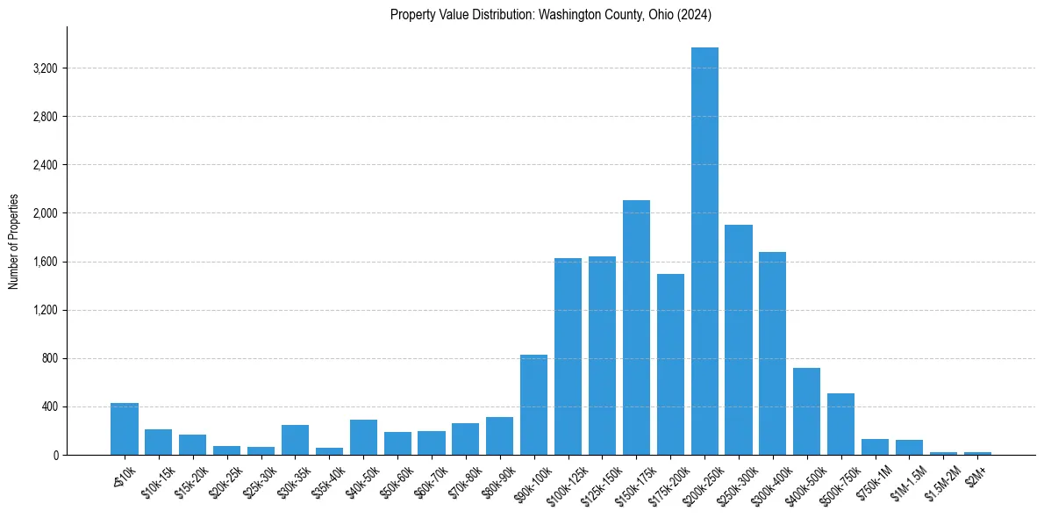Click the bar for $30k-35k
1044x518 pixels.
295,440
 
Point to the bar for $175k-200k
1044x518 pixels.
670,364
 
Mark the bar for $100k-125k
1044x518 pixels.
568,356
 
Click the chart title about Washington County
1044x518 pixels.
550,15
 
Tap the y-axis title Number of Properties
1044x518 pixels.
14,241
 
